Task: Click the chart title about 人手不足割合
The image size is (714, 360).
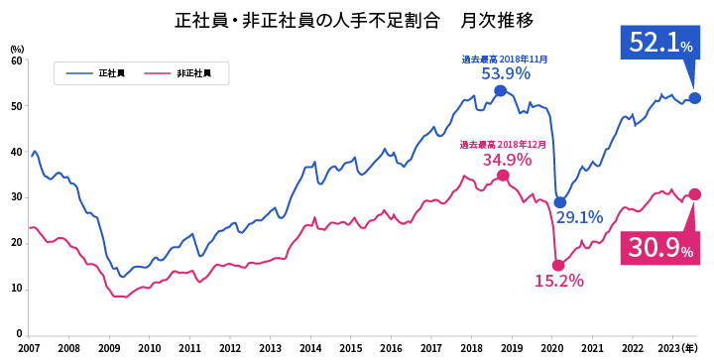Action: pos(355,20)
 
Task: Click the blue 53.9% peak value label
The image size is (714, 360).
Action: pos(505,73)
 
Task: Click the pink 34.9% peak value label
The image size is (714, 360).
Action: pos(507,160)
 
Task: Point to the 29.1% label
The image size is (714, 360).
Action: pos(578,217)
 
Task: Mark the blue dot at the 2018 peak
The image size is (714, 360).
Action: pos(501,90)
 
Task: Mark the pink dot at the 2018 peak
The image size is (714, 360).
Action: pos(503,176)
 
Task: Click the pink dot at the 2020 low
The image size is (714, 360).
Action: pos(558,265)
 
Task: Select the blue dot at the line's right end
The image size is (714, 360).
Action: pos(695,98)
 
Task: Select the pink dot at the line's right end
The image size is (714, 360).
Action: pos(695,194)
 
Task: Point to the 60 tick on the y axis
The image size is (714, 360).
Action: pos(16,60)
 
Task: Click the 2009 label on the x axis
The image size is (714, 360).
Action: pos(109,348)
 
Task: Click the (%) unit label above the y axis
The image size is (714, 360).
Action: pos(16,49)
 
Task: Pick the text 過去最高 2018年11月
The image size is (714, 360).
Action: pos(505,59)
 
